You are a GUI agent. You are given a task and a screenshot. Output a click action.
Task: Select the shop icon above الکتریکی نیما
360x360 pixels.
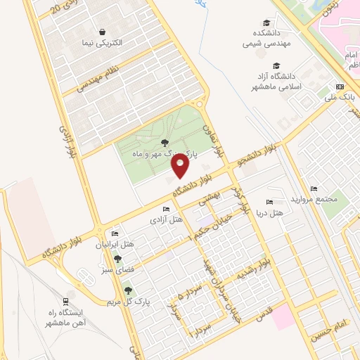point(103,32)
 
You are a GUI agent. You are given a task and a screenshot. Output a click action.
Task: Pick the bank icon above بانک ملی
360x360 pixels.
point(340,87)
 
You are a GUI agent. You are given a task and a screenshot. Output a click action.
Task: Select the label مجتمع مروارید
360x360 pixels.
point(315,198)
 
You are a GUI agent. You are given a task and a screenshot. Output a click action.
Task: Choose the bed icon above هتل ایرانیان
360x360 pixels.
point(115,234)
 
